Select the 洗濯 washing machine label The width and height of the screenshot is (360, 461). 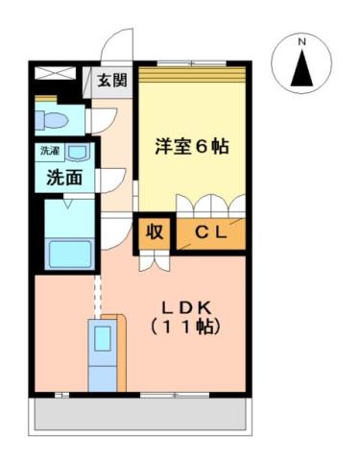coord(49,152)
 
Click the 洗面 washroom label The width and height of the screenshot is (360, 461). coord(60,177)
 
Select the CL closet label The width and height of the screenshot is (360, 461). coord(210,231)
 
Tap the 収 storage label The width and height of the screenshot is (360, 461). coord(154,231)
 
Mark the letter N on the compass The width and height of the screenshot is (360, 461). coord(300,42)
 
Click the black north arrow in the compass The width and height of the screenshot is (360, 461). coord(300,68)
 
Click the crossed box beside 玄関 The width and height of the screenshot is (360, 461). coord(55,73)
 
